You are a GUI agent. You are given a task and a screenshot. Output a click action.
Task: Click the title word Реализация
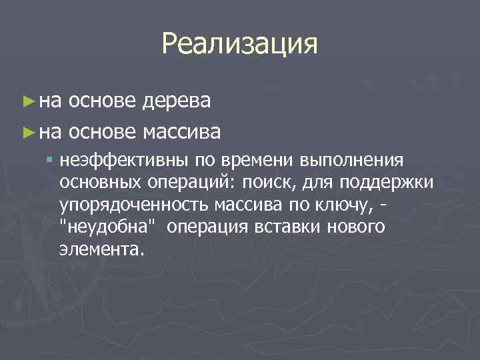coord(239,45)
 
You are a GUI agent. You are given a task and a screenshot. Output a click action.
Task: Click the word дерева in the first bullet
coord(177,101)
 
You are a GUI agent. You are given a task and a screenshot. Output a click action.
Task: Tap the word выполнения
coord(352,161)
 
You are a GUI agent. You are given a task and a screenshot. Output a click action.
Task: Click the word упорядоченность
coord(133,205)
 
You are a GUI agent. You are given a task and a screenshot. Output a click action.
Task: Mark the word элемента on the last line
coord(101,249)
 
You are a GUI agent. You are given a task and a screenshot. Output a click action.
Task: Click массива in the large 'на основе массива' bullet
coord(181,131)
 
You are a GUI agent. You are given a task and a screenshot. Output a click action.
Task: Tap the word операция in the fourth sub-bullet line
coord(207,227)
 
